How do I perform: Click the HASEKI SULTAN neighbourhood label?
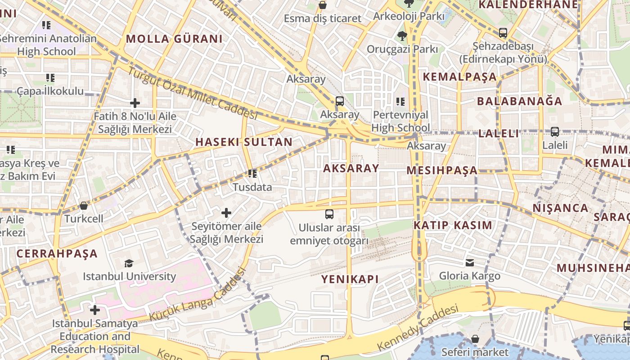[244, 142]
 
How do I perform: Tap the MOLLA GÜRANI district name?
[174, 39]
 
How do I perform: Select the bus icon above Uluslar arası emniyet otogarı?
[329, 214]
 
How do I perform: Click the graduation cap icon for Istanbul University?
[129, 263]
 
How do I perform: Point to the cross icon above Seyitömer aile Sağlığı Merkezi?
[226, 212]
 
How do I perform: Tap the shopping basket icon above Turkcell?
[84, 206]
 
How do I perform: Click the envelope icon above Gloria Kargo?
[470, 262]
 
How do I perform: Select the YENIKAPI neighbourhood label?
[350, 279]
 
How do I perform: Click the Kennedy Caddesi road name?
[418, 328]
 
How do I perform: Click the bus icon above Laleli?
[555, 132]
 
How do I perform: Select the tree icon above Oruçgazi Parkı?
[402, 36]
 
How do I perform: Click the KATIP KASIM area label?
[453, 225]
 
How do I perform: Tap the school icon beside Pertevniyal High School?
[400, 102]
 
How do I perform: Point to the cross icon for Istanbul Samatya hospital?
[95, 310]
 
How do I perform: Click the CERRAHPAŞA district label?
[57, 253]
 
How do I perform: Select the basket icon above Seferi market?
[475, 339]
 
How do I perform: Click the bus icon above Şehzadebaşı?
[503, 33]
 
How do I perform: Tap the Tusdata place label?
[252, 187]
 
